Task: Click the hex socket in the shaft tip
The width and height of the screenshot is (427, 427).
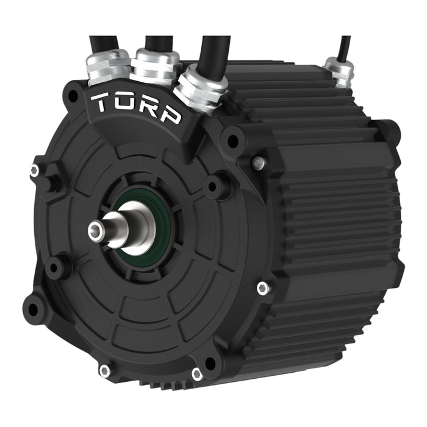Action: click(95, 230)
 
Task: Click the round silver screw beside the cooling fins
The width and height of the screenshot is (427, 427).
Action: click(259, 162)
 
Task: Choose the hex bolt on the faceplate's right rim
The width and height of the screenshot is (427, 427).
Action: click(262, 288)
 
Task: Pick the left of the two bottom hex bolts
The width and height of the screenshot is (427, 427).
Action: click(104, 370)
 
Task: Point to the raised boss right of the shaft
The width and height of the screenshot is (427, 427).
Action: click(215, 185)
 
